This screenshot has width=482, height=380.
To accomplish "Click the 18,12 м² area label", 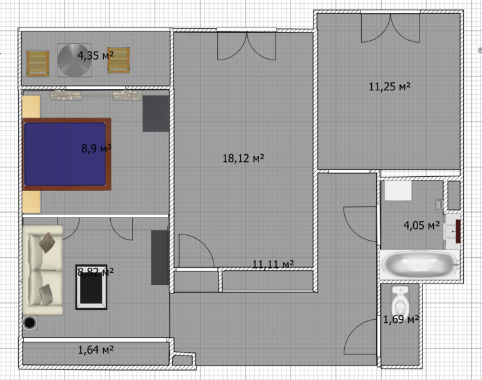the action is point(244,158).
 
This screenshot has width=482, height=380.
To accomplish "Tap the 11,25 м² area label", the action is point(389,87).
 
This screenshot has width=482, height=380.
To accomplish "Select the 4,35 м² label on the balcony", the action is point(96,55).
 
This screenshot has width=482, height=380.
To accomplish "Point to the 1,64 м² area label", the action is point(96,350).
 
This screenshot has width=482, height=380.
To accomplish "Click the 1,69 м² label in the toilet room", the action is point(401,319).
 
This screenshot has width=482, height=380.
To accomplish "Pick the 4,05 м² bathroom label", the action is point(421,225).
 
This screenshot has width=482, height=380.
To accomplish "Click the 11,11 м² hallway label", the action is point(273,265).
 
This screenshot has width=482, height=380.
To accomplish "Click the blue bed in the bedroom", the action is point(67,154).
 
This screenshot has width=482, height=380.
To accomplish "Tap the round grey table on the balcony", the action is point(74,60).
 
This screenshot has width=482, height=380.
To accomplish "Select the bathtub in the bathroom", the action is point(420,265).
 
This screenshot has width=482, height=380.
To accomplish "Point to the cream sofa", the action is point(43,270).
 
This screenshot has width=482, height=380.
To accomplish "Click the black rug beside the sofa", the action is point(91,287).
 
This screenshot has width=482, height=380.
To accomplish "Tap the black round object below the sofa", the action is point(30,323).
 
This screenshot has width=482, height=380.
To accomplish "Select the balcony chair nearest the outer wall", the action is point(38,64).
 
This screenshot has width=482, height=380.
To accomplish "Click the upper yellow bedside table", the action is point(31,107).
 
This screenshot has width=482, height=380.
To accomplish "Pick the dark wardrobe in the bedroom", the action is point(156,113).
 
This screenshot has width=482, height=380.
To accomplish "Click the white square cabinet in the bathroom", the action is point(398,191).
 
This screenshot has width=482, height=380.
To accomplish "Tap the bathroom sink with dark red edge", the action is point(453,231).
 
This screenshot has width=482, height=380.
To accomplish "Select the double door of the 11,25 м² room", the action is point(391,28).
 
